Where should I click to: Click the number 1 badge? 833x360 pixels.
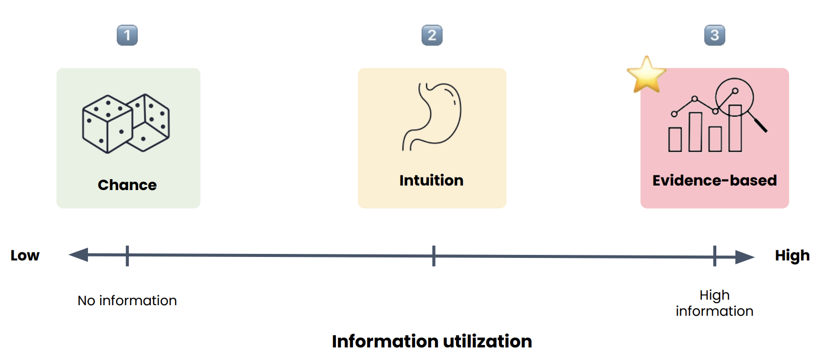click(x=127, y=35)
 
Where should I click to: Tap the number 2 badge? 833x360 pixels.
click(x=432, y=35)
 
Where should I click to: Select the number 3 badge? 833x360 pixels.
click(x=715, y=35)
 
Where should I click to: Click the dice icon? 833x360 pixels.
click(x=126, y=123)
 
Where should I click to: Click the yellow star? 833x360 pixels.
click(x=646, y=75)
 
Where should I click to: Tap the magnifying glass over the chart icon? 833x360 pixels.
click(x=739, y=101)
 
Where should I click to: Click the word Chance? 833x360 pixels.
click(x=127, y=185)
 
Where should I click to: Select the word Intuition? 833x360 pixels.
click(x=432, y=181)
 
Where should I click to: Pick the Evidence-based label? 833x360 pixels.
click(x=714, y=181)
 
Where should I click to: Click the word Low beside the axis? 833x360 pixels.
click(x=25, y=255)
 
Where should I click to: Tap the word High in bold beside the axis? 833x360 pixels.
click(x=792, y=255)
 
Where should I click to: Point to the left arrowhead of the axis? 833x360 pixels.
click(x=78, y=255)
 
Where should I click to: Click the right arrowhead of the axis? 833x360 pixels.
click(x=745, y=257)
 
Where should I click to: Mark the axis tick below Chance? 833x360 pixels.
click(x=127, y=255)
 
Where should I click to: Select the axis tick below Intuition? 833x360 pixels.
click(x=434, y=256)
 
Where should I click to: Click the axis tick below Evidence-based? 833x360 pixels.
click(x=715, y=256)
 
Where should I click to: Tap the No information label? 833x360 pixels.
click(x=127, y=301)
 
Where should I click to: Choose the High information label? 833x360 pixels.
click(x=714, y=303)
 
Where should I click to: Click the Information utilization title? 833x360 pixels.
click(x=432, y=341)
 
